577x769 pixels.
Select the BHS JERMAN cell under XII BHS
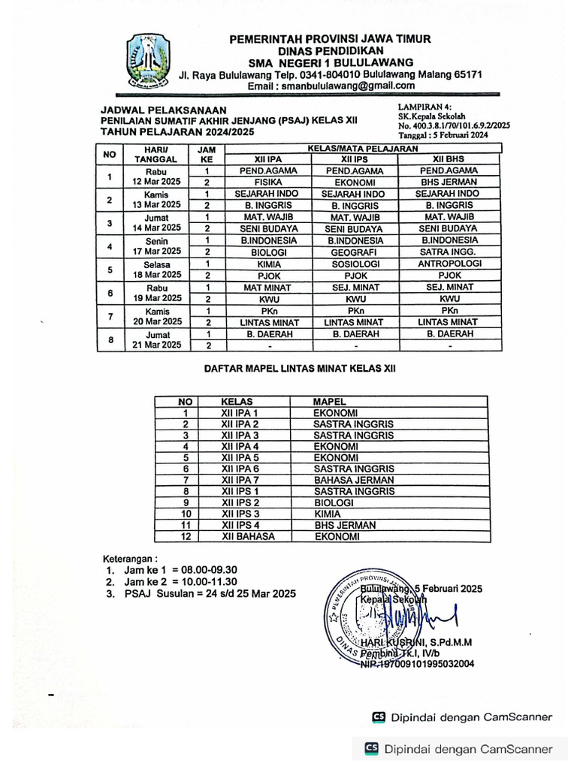coord(449,182)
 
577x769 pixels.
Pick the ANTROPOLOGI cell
coord(449,264)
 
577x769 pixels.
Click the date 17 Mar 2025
coord(158,251)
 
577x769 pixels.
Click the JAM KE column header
coord(206,154)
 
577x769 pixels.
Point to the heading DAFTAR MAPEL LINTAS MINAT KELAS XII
coord(300,369)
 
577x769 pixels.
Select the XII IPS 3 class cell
coord(240,514)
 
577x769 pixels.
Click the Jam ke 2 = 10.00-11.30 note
coord(180,581)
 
